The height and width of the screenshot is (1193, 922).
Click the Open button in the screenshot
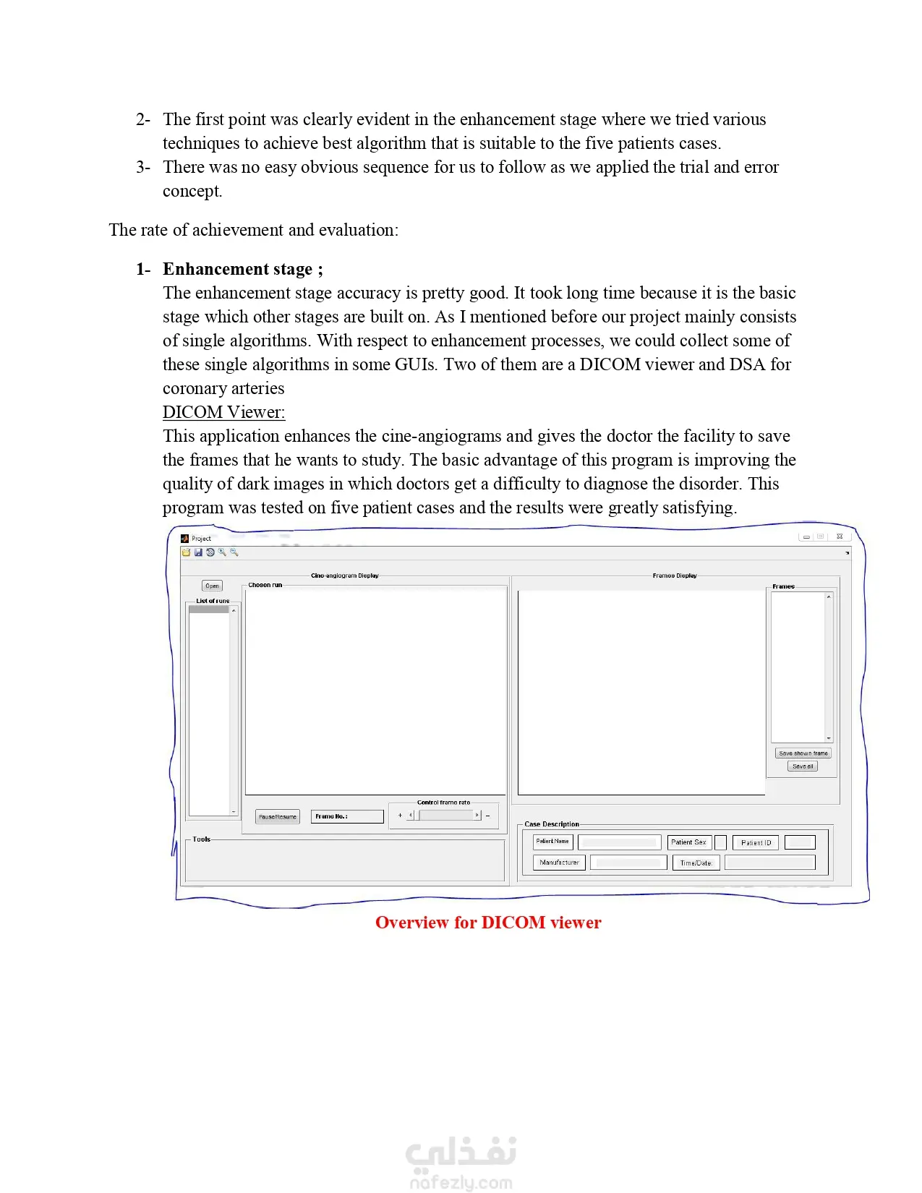click(x=212, y=586)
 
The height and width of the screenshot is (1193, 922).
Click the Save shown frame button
click(x=803, y=753)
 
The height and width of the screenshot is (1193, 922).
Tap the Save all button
click(x=802, y=766)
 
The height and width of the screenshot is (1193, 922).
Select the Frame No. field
click(x=347, y=816)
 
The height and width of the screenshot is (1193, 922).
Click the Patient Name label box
click(x=552, y=842)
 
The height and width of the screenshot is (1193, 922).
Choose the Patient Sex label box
click(x=688, y=842)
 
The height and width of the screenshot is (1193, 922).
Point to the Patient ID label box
click(x=756, y=843)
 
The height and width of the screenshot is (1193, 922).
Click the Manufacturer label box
click(x=559, y=863)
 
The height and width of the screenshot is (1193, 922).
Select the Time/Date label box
click(x=696, y=863)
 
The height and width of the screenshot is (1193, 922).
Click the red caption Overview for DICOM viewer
click(x=488, y=923)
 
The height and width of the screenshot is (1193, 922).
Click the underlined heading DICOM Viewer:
click(x=223, y=412)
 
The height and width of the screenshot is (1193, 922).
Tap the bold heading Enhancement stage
click(x=238, y=269)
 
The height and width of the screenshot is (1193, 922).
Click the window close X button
click(x=839, y=536)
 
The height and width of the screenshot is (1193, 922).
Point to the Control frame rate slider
click(x=444, y=816)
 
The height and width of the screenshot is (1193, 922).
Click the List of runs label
click(x=213, y=601)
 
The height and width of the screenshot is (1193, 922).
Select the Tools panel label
click(x=201, y=839)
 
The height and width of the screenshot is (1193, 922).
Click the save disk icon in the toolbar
click(x=198, y=552)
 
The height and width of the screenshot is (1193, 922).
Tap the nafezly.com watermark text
click(x=461, y=1183)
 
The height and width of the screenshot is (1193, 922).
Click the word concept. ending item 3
click(x=192, y=191)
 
